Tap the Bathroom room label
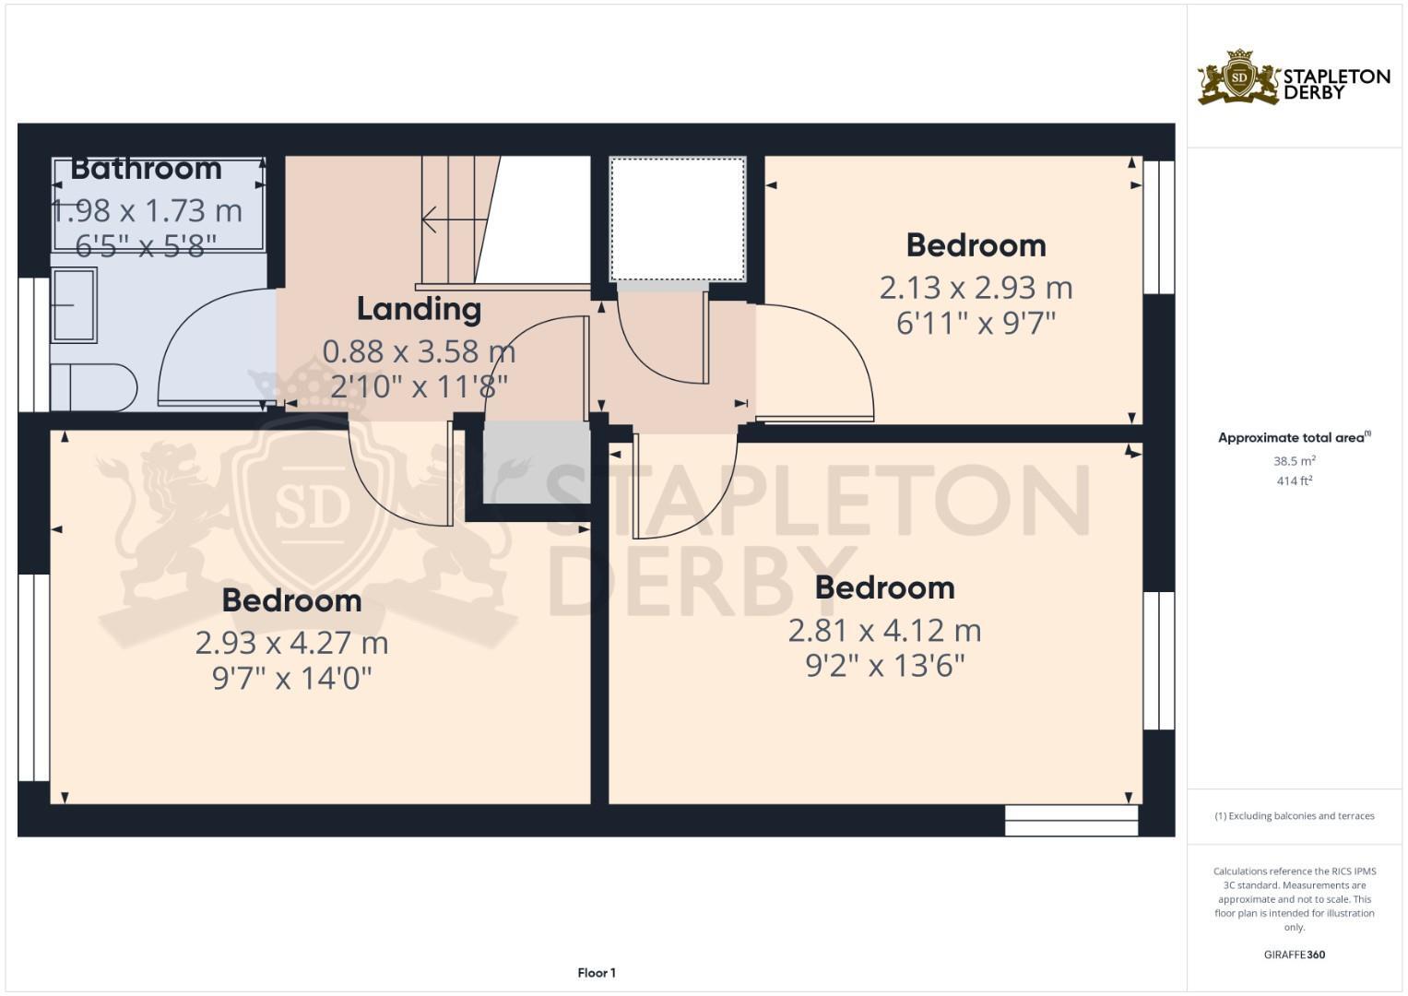[146, 169]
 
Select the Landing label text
[419, 309]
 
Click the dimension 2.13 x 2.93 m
[976, 288]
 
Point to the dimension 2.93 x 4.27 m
[291, 642]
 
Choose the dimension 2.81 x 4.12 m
[884, 631]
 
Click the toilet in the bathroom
[92, 387]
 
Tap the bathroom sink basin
[73, 305]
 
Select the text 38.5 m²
[1294, 461]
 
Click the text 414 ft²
[1294, 480]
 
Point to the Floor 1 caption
[597, 973]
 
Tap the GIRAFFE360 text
[1294, 954]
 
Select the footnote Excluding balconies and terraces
[1294, 816]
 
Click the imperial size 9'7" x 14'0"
[291, 679]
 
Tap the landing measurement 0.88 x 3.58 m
[419, 351]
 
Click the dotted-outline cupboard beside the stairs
[678, 219]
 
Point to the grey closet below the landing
[536, 462]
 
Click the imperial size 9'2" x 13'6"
[884, 666]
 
